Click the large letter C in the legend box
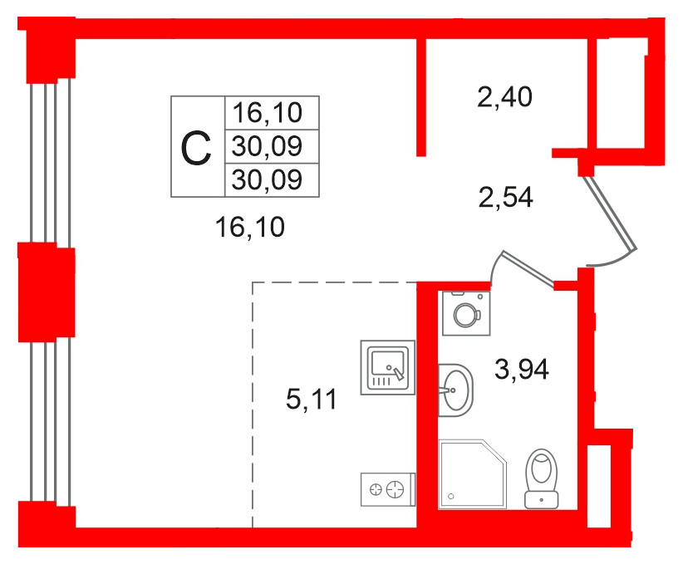click(x=196, y=149)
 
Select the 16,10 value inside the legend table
click(x=267, y=112)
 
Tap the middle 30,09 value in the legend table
click(x=267, y=146)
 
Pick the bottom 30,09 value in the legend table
click(x=267, y=179)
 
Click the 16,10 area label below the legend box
click(x=250, y=227)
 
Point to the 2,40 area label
click(x=504, y=96)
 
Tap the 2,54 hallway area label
click(x=505, y=197)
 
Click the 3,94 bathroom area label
click(x=522, y=370)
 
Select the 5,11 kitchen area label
click(x=311, y=399)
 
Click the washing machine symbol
click(x=466, y=313)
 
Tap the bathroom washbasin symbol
click(x=455, y=390)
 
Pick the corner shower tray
click(x=473, y=473)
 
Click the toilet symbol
click(x=542, y=478)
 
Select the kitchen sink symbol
click(x=388, y=368)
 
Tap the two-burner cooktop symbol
click(x=388, y=489)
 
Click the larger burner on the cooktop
click(x=396, y=489)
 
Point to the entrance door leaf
click(x=610, y=213)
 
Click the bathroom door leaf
click(x=528, y=268)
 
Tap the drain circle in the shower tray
click(x=451, y=496)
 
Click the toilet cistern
click(x=542, y=500)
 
